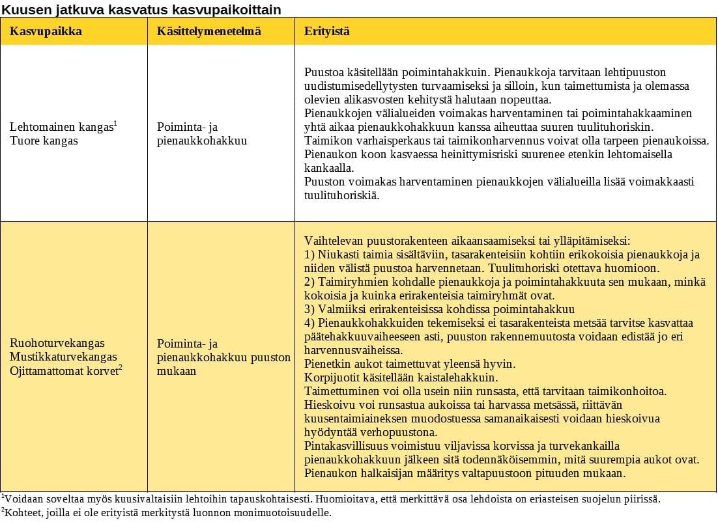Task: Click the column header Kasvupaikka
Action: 46,31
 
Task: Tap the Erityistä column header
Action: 327,31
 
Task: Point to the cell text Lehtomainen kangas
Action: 62,128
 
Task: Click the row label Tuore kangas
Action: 44,141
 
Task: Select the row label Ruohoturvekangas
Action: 57,343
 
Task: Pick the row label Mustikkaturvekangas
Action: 63,357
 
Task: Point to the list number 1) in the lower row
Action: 309,254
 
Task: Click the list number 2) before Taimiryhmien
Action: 309,282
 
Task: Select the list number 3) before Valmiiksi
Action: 309,309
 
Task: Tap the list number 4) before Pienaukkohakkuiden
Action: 309,323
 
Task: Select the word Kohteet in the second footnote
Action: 23,513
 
